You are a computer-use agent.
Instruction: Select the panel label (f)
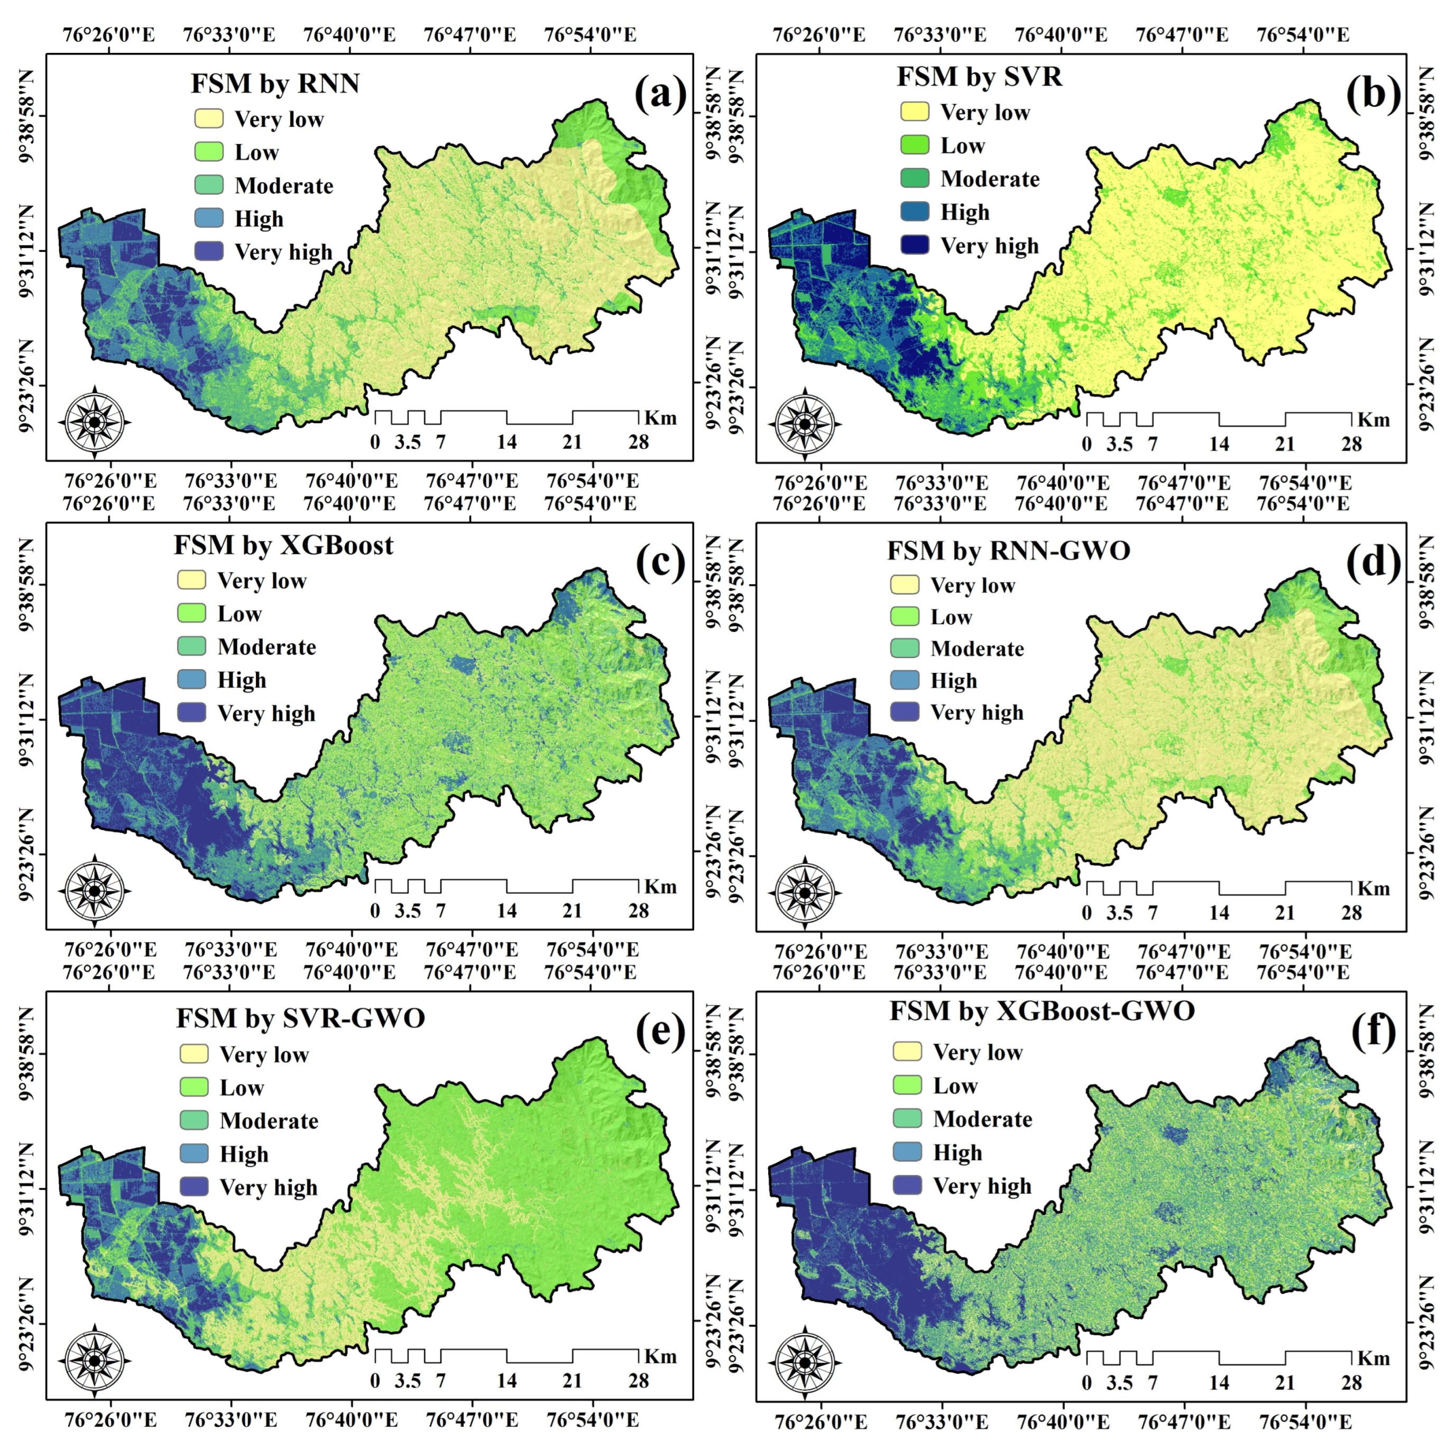[x=1373, y=1032]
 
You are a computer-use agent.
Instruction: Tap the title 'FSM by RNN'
[x=275, y=83]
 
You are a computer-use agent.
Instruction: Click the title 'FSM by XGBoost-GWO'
[x=1042, y=1010]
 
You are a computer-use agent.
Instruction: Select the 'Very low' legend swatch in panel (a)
[x=209, y=118]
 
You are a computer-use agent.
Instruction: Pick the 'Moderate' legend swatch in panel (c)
[x=191, y=646]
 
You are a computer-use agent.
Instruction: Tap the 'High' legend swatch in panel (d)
[x=905, y=680]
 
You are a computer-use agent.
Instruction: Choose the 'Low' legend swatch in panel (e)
[x=193, y=1087]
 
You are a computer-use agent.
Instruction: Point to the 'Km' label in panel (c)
[x=660, y=887]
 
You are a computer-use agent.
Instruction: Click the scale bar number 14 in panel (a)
[x=506, y=442]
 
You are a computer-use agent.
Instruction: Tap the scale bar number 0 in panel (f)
[x=1087, y=1383]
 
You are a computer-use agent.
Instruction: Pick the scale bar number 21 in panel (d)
[x=1285, y=913]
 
